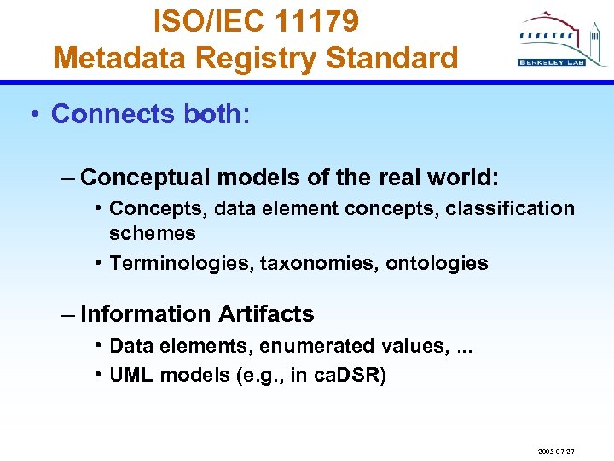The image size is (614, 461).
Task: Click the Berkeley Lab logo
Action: click(x=553, y=40)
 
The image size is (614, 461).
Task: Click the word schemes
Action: click(x=153, y=233)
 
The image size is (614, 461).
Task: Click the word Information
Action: click(x=146, y=314)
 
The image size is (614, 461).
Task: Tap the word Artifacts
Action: click(x=266, y=314)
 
